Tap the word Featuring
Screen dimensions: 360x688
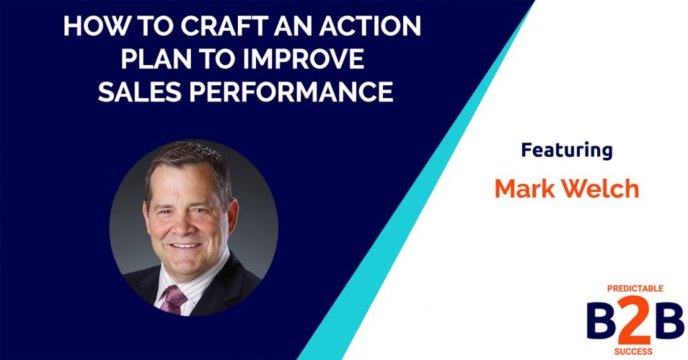click(x=566, y=150)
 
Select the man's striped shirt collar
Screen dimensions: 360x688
click(x=161, y=282)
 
